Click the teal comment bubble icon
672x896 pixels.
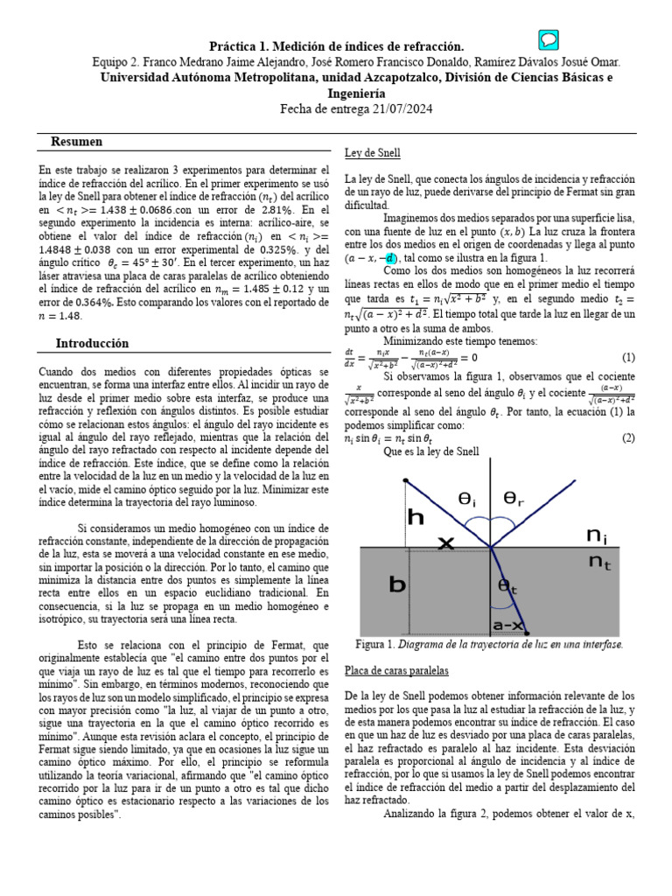click(x=549, y=40)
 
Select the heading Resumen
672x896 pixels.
click(x=77, y=142)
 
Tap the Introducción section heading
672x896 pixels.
click(x=92, y=343)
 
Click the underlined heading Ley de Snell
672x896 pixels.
click(x=373, y=153)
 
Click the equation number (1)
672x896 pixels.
click(x=627, y=357)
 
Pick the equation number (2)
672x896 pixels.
click(x=627, y=437)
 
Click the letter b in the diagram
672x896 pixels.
click(x=396, y=584)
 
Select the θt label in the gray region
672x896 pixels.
click(x=508, y=586)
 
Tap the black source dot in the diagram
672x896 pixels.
click(x=406, y=481)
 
